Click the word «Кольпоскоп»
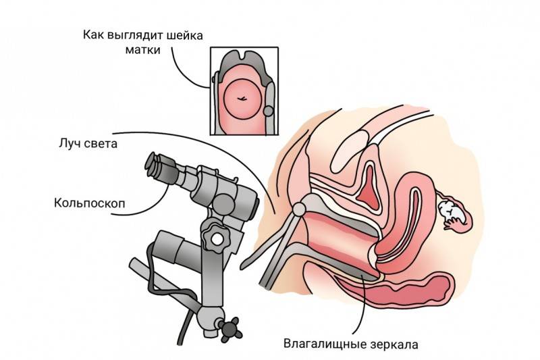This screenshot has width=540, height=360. [90, 203]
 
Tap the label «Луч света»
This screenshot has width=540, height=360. [88, 144]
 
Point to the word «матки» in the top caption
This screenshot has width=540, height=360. [143, 50]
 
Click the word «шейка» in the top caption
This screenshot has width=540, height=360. [184, 35]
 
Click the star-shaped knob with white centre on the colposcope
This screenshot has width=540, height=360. [216, 238]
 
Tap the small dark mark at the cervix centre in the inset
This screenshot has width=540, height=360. [242, 99]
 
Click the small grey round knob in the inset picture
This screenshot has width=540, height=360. [268, 111]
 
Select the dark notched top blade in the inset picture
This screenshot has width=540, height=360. [244, 63]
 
